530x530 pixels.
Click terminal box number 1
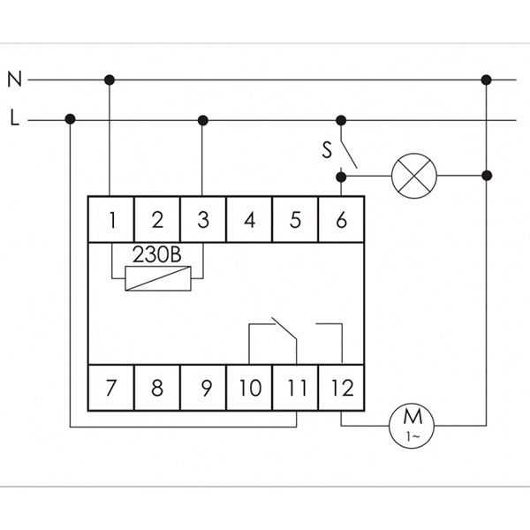111,219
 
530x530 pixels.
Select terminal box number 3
203,219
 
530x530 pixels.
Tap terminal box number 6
341,219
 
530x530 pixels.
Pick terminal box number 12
341,387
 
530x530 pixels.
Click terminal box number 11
295,387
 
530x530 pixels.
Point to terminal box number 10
249,387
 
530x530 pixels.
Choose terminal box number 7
111,387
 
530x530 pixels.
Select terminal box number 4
249,219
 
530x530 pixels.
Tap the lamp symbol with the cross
414,175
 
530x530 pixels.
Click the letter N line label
14,79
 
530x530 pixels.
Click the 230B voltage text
156,254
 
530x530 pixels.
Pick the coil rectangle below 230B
157,278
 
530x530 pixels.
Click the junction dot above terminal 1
110,79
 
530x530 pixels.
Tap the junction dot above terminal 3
202,119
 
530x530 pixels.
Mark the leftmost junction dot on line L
70,119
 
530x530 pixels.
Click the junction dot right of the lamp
486,175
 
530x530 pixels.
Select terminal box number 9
203,387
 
